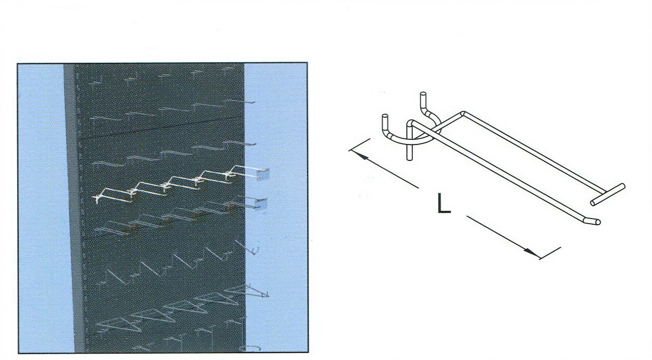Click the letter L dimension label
pyautogui.click(x=444, y=203)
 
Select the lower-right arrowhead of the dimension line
pyautogui.click(x=532, y=253)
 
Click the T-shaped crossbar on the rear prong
pyautogui.click(x=607, y=194)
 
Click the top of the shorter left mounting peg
pyautogui.click(x=385, y=116)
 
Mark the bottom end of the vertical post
pyautogui.click(x=409, y=158)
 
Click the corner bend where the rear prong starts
pyautogui.click(x=463, y=113)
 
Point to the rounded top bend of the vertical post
pyautogui.click(x=410, y=122)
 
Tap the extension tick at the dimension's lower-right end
pyautogui.click(x=550, y=253)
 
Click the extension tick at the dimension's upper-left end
pyautogui.click(x=359, y=145)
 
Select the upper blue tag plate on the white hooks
pyautogui.click(x=263, y=174)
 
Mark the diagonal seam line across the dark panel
pyautogui.click(x=161, y=128)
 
